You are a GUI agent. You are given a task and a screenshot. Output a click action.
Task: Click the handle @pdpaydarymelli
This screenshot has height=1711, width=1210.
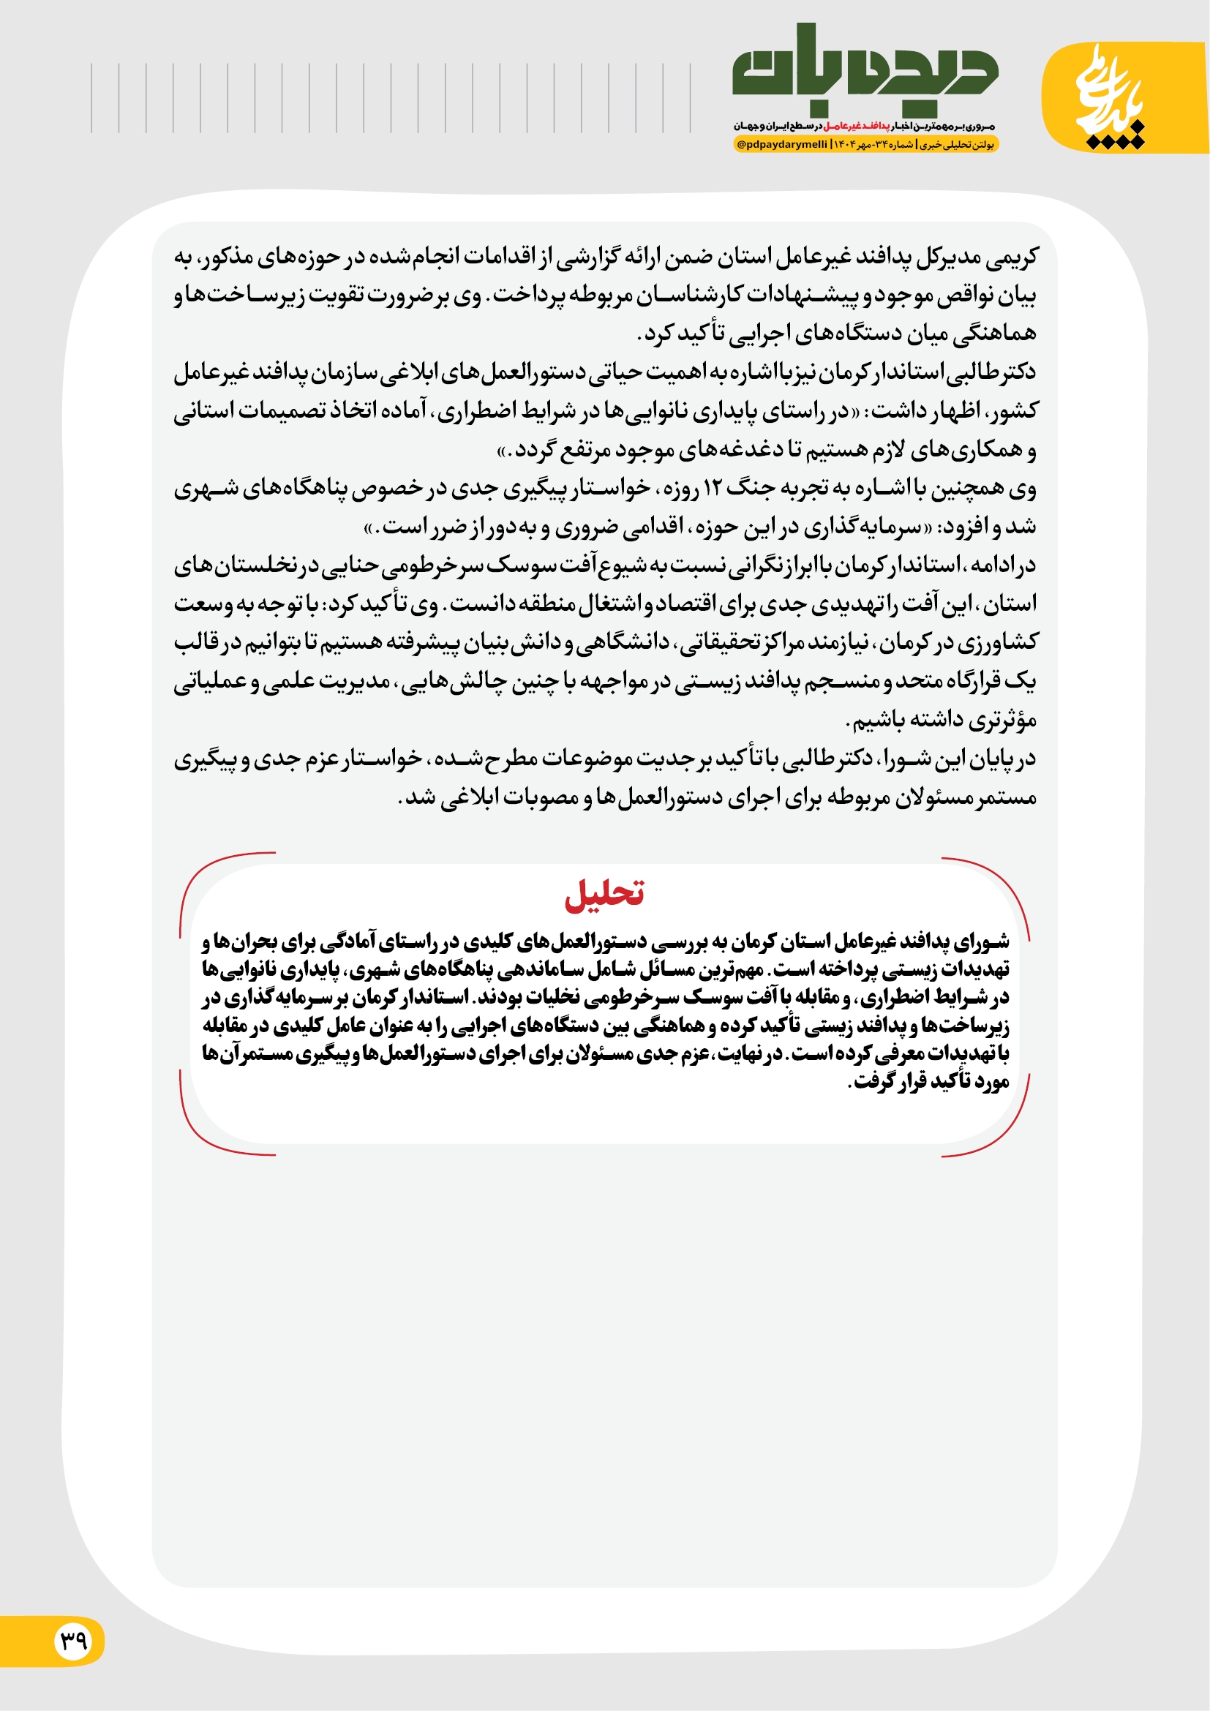[781, 145]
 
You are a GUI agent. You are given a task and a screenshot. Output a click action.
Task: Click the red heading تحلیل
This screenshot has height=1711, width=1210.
[604, 893]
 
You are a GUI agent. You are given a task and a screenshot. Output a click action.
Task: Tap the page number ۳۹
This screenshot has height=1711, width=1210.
[75, 1640]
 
